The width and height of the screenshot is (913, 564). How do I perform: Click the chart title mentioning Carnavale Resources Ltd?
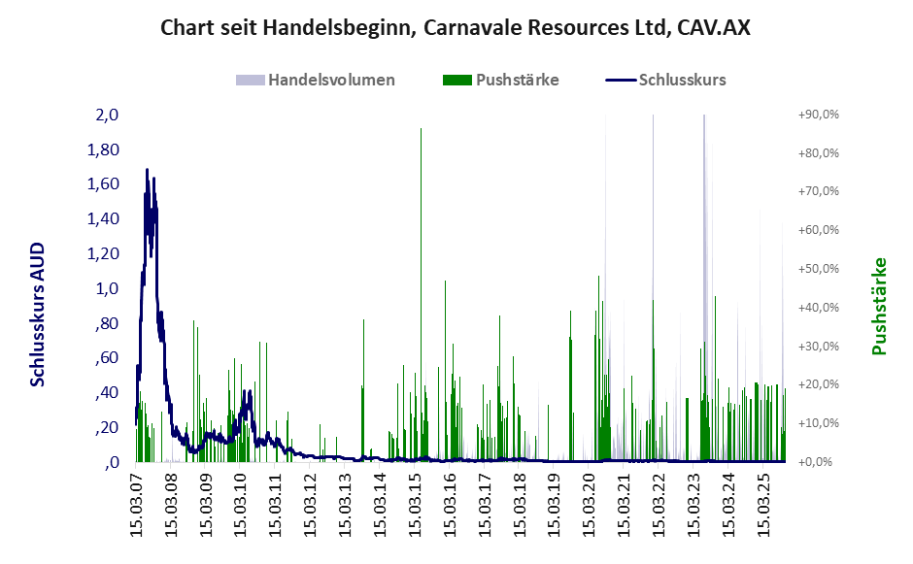click(456, 28)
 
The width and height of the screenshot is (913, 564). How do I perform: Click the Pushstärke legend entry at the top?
click(517, 80)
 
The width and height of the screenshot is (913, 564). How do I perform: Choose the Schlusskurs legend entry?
click(682, 80)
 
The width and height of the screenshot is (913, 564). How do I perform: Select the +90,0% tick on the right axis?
click(818, 115)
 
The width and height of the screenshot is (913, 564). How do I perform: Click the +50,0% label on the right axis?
click(818, 269)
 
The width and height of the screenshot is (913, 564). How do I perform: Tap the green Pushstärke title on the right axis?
click(880, 306)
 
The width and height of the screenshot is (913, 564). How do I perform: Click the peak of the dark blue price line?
click(147, 170)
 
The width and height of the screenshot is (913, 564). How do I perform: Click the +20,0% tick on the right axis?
click(818, 384)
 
